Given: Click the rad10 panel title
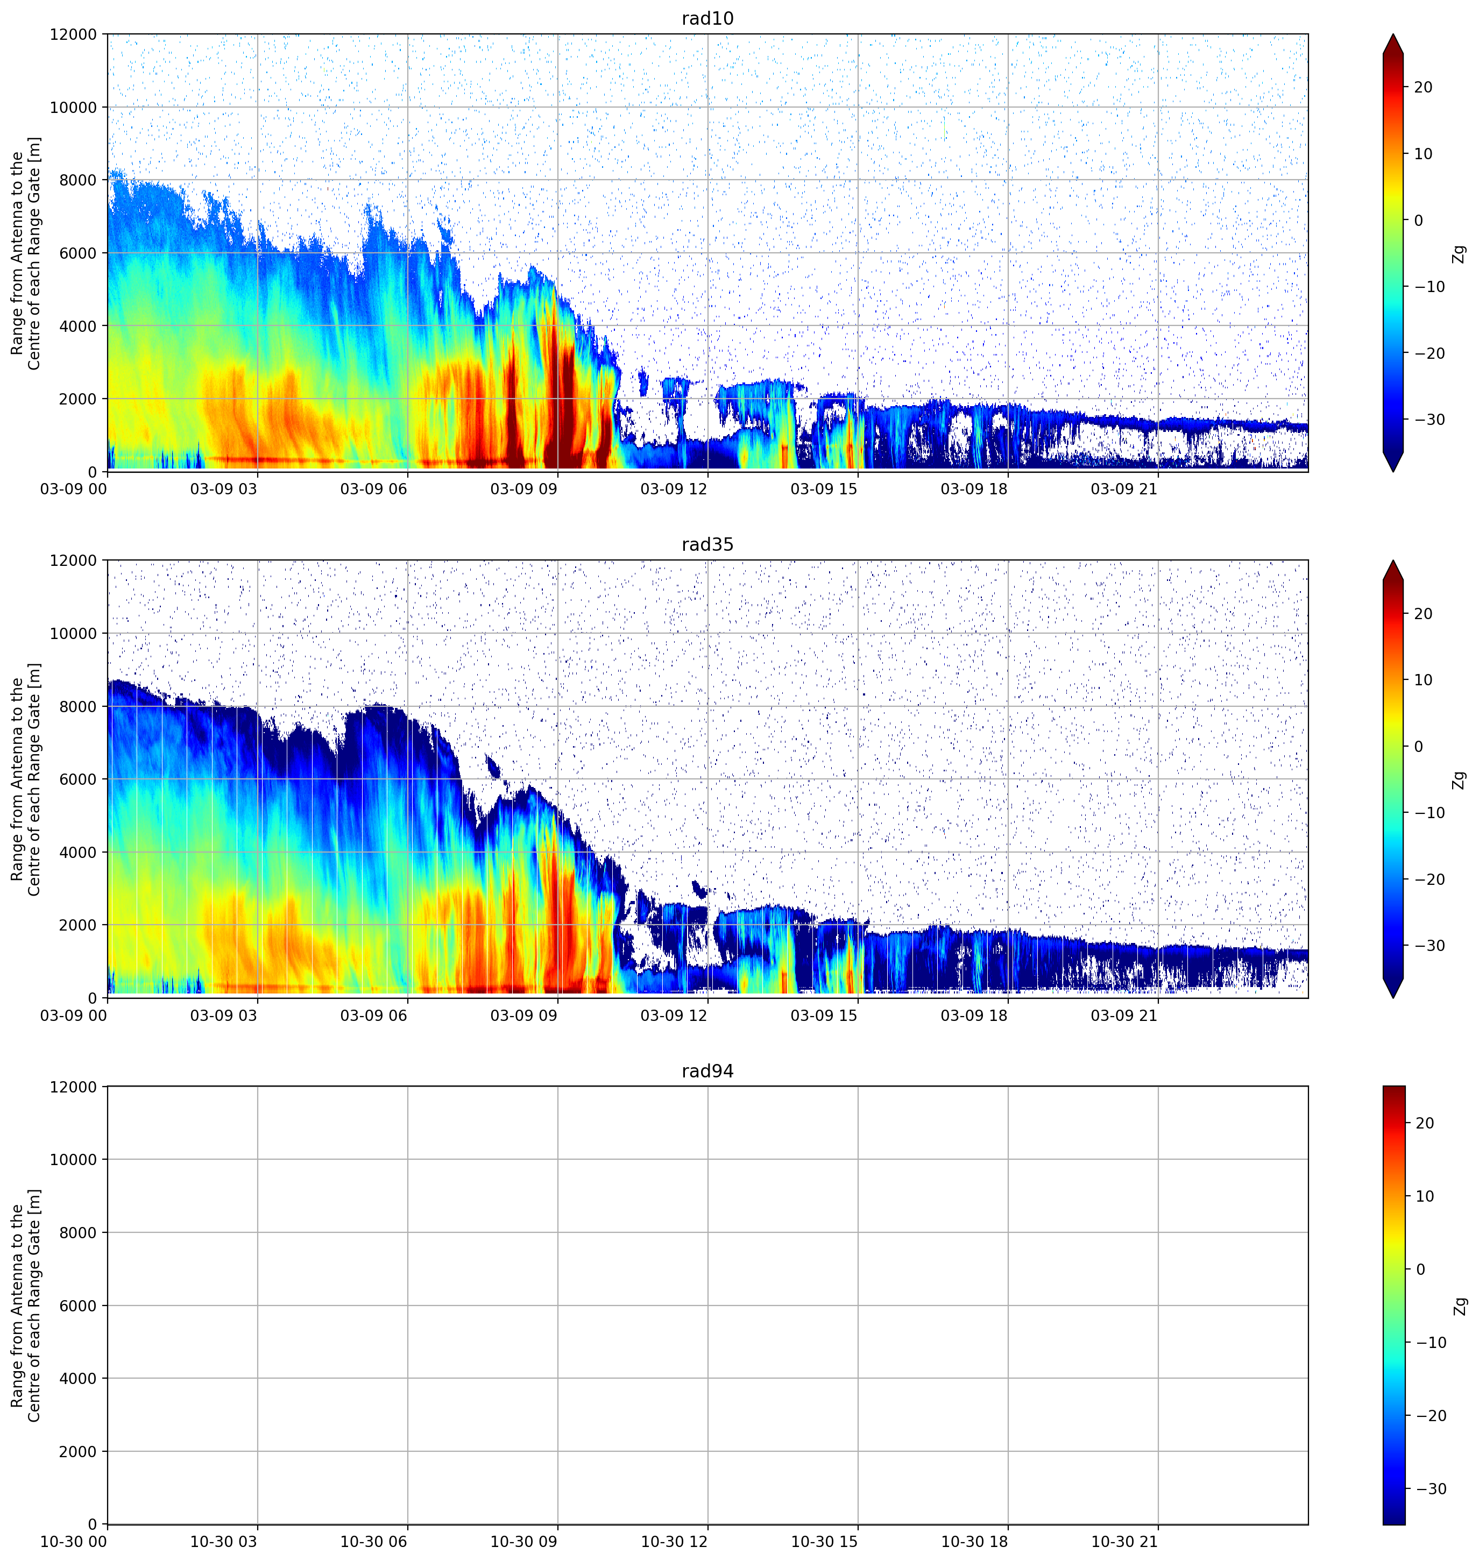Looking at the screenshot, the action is pos(707,18).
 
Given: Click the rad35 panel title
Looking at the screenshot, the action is pos(707,545).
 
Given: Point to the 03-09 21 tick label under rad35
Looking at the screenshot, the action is pos(1124,1016).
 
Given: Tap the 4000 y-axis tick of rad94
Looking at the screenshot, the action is pos(78,1379).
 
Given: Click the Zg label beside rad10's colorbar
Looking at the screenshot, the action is pos(1459,254).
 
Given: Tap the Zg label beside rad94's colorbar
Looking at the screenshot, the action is pos(1459,1307).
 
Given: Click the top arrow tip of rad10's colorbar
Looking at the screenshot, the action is pos(1393,34).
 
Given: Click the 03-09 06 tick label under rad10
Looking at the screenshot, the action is pos(374,489).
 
